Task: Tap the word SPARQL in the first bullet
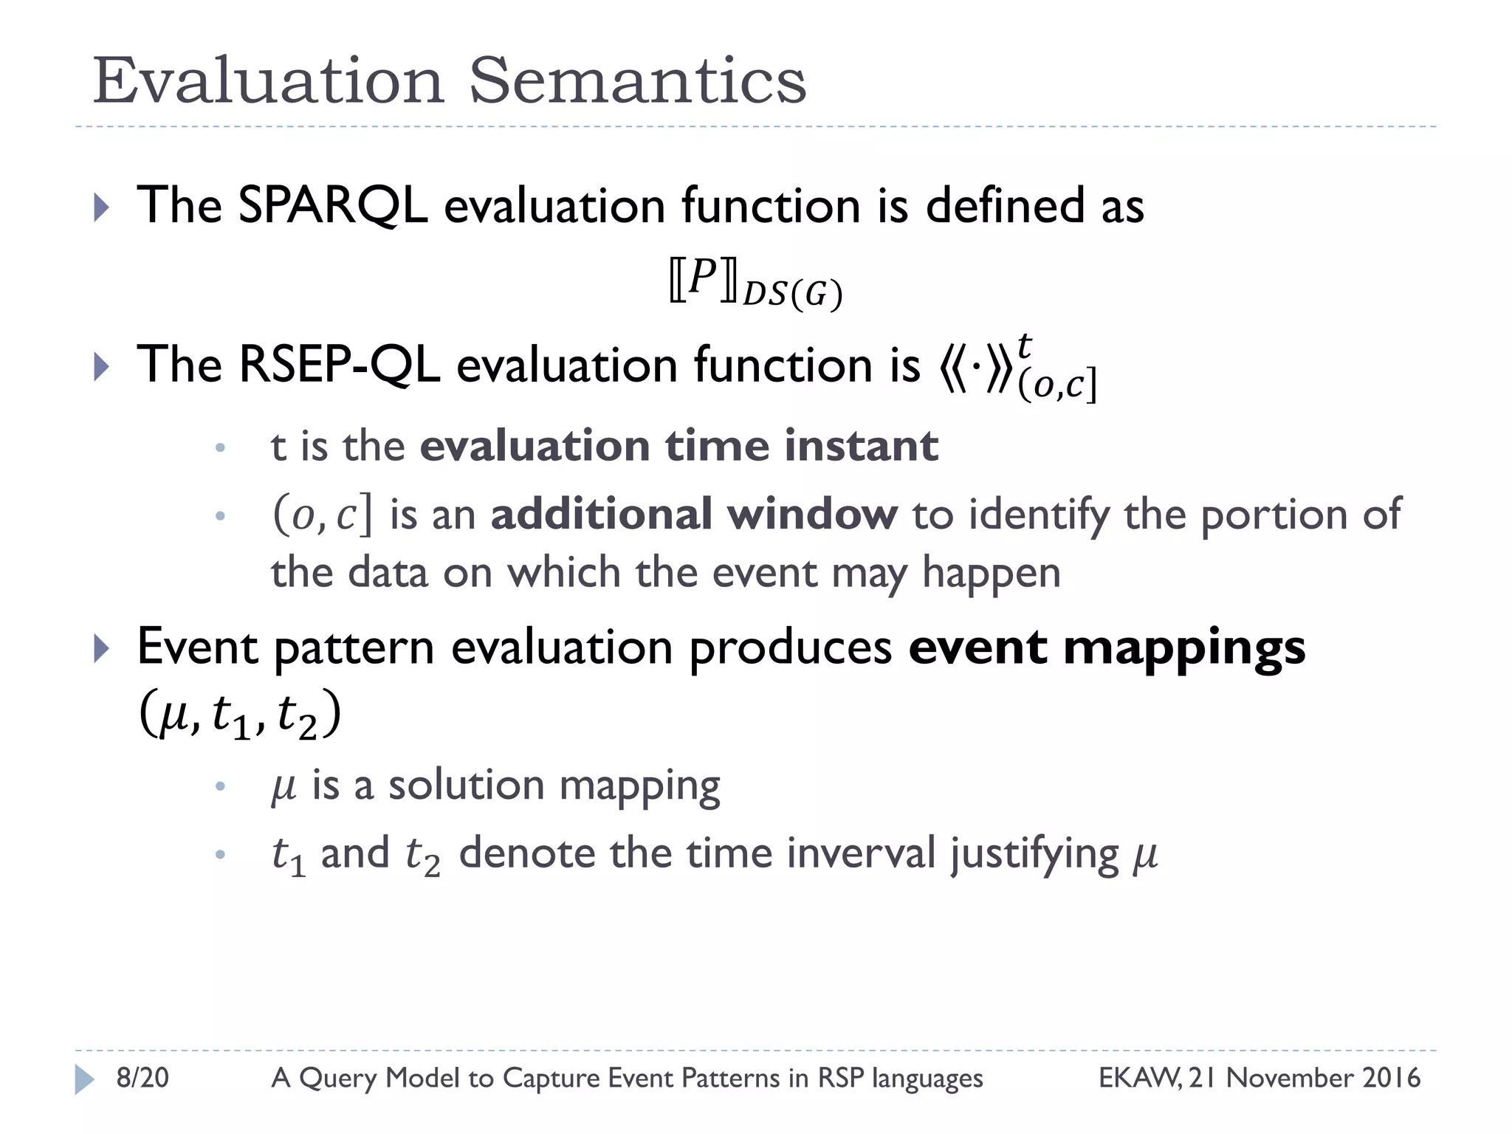click(332, 205)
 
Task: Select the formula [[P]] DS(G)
click(755, 283)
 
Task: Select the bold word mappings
click(1184, 648)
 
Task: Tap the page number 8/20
click(142, 1078)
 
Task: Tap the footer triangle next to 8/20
click(84, 1079)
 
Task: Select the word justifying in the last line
click(1034, 855)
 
